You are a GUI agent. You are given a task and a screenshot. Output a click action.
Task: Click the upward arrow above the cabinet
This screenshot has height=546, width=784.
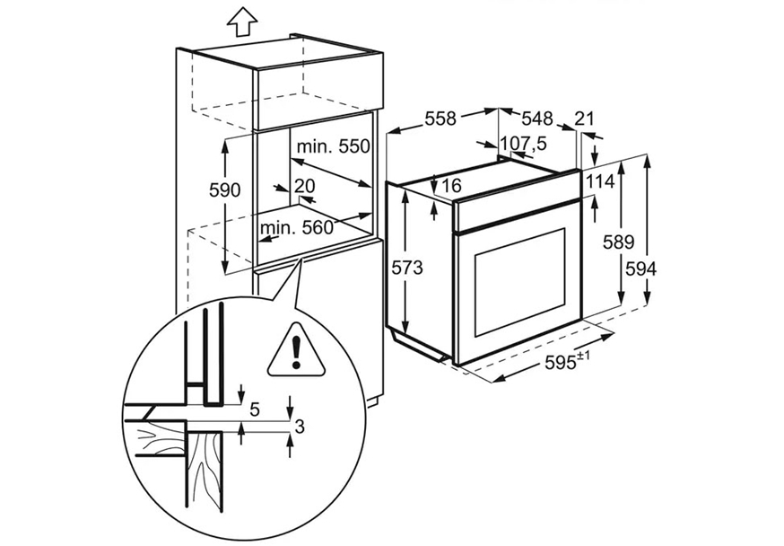point(241,22)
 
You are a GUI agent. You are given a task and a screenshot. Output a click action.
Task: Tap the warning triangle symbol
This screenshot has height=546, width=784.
point(297,350)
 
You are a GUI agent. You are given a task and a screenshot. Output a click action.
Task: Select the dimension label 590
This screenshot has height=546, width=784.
point(225,190)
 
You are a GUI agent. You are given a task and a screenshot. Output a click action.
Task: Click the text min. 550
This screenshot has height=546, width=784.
point(333,146)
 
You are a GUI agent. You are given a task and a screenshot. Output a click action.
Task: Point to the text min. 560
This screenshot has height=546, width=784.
point(296,228)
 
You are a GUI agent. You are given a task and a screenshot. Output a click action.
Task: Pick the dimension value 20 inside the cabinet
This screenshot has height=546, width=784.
point(304,186)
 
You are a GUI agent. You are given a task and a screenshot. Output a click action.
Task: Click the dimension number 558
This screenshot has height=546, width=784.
point(440,119)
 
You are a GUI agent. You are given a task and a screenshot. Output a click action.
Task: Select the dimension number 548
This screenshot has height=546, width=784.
point(537,119)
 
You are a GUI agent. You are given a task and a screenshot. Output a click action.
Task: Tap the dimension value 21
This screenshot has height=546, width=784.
point(584,119)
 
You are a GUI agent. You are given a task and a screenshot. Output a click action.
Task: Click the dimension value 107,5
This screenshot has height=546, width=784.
point(524,144)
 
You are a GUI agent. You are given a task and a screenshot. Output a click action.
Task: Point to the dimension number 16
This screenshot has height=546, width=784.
point(451,186)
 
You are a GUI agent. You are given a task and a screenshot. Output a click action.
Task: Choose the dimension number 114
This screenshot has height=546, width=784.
point(600,181)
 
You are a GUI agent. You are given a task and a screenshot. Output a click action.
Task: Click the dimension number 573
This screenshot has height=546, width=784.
point(406,268)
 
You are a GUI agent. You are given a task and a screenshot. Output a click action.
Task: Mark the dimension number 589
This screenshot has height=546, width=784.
point(618,242)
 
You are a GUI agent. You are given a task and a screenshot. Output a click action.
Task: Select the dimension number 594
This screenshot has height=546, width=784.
point(640,269)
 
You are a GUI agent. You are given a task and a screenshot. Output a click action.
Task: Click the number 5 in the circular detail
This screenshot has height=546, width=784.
point(255,410)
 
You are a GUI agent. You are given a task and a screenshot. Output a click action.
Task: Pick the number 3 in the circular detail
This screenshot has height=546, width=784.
point(300,427)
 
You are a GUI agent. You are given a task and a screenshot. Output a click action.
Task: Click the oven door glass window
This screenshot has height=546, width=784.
point(519,282)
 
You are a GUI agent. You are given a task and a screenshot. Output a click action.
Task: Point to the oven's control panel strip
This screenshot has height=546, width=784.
point(517,215)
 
